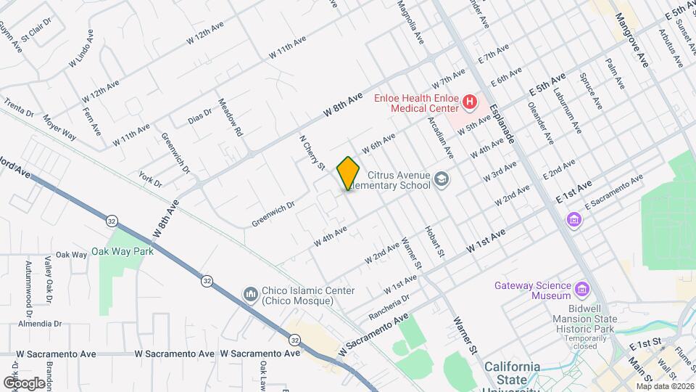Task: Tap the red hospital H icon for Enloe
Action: [x=469, y=102]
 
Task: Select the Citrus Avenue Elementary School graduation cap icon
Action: [x=441, y=179]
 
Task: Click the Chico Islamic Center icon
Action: [x=251, y=293]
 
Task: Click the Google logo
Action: [x=23, y=383]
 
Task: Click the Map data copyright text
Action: [x=662, y=386]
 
